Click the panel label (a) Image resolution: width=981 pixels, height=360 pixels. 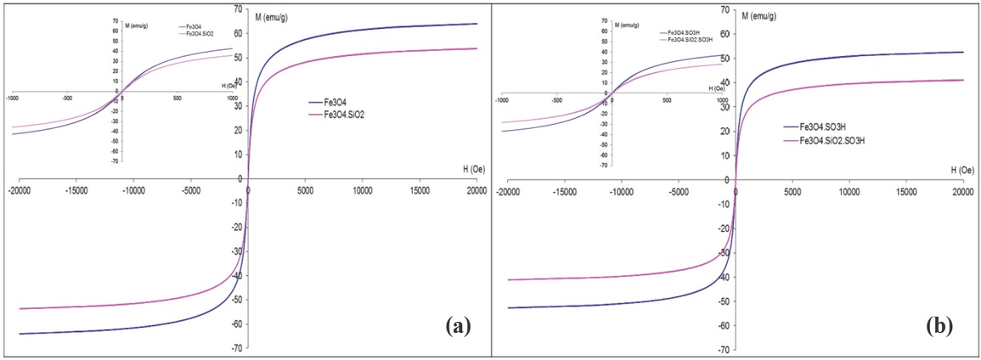(456, 324)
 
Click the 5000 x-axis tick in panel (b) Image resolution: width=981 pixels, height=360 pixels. (792, 192)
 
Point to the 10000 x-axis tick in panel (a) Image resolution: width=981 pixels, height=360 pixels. (362, 192)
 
